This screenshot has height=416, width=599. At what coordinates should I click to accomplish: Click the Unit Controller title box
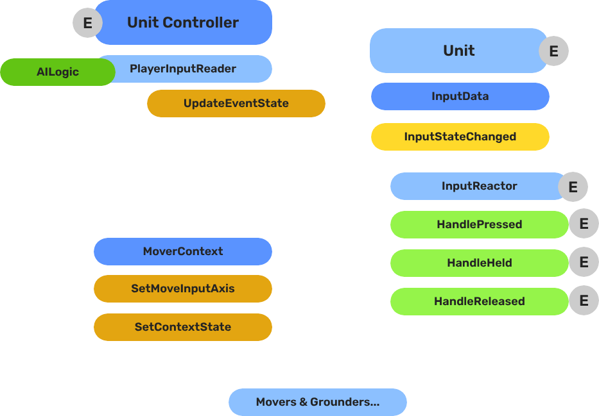click(183, 22)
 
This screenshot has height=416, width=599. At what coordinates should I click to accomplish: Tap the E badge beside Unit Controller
click(87, 24)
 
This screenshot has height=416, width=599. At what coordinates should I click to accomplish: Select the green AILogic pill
click(57, 72)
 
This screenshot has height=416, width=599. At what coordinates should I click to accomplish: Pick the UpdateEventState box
click(236, 103)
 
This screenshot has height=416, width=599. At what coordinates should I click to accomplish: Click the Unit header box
click(458, 51)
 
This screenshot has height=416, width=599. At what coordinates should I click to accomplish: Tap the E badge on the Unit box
click(553, 51)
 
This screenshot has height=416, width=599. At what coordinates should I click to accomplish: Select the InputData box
click(460, 96)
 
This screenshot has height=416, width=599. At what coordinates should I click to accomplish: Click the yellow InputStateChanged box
click(460, 137)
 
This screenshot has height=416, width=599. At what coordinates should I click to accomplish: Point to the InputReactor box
click(479, 187)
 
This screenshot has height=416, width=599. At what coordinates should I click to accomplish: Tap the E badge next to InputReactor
click(573, 187)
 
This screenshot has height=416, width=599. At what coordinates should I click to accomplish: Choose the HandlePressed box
click(479, 224)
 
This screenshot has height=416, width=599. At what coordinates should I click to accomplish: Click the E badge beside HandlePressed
click(584, 224)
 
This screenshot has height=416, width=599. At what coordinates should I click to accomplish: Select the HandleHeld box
click(479, 263)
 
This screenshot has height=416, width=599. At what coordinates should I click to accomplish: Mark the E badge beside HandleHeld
click(584, 263)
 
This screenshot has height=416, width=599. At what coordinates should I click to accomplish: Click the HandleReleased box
click(479, 301)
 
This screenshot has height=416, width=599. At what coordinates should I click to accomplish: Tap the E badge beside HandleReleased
click(584, 301)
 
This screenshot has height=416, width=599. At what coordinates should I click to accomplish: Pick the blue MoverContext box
click(182, 251)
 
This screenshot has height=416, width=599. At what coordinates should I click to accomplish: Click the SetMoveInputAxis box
click(182, 288)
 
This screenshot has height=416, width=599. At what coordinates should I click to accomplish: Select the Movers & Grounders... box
click(317, 402)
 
